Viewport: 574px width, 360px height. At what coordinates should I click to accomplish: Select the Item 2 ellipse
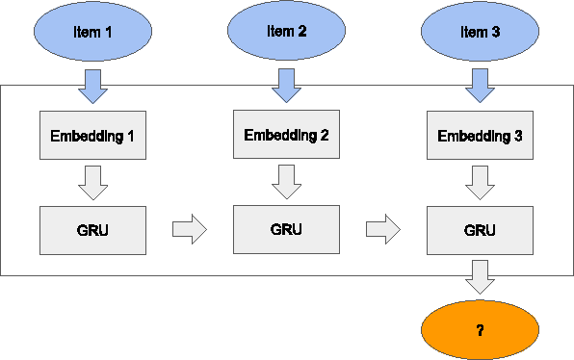(286, 32)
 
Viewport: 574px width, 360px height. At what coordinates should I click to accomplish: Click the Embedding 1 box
(92, 136)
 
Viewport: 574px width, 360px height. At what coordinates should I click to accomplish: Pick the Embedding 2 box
(286, 135)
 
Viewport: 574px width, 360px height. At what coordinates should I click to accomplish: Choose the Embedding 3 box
(480, 136)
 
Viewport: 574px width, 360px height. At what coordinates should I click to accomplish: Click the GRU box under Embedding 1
(92, 230)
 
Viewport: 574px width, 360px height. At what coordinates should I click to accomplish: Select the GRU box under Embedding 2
(286, 229)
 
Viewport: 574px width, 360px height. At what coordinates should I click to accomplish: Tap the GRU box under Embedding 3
(480, 230)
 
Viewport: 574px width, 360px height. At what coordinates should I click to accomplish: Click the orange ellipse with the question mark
(480, 330)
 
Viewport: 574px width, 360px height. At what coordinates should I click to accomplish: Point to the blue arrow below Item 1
(92, 87)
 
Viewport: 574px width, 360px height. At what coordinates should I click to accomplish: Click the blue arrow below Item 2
(286, 86)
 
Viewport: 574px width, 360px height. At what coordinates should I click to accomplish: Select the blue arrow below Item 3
(480, 87)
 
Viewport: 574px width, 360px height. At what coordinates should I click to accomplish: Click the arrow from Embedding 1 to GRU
(92, 182)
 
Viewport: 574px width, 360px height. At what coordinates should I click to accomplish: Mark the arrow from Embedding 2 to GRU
(286, 181)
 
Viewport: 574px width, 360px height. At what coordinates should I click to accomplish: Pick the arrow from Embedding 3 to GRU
(480, 182)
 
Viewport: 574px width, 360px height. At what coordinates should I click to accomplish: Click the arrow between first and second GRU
(190, 229)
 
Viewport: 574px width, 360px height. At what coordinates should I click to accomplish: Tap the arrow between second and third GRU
(383, 229)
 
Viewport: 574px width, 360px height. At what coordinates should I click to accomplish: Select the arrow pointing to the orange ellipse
(480, 278)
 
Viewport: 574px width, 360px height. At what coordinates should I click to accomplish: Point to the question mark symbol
(480, 330)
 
